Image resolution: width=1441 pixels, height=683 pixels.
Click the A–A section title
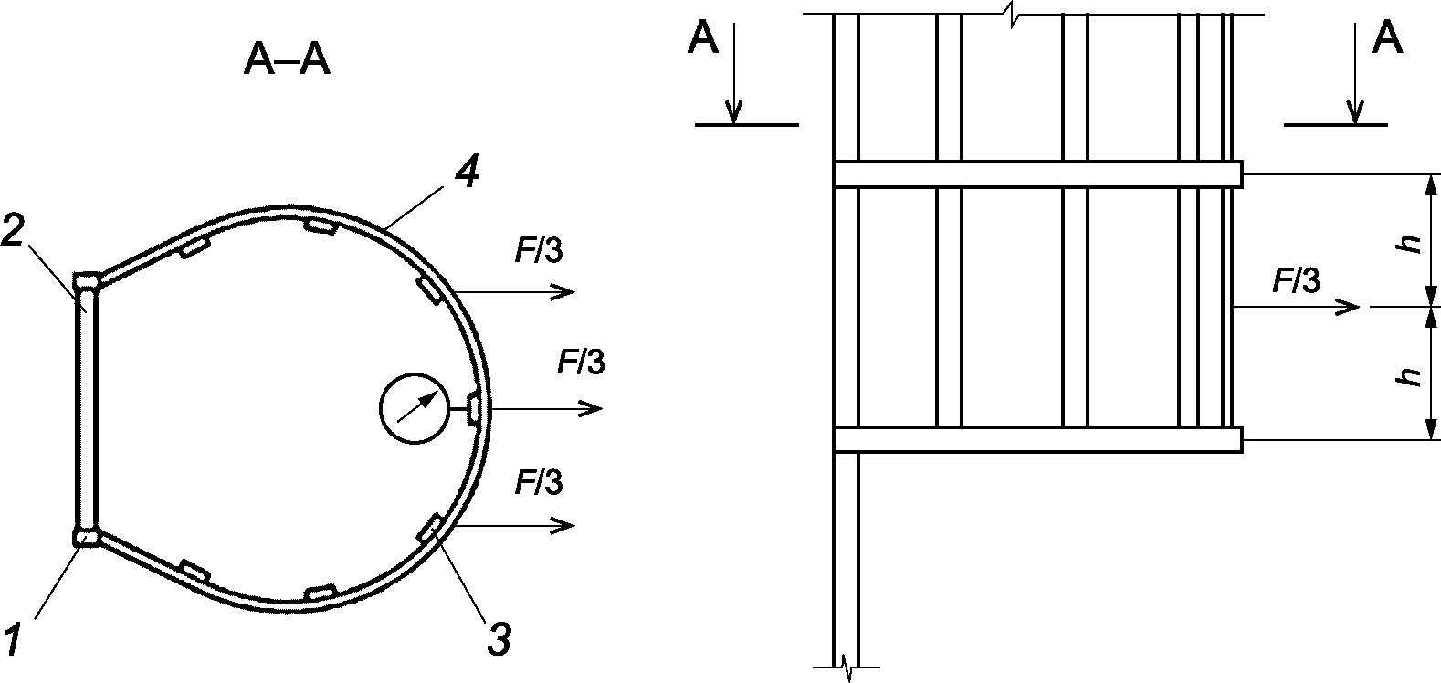(287, 62)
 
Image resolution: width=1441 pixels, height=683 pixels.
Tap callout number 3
(499, 638)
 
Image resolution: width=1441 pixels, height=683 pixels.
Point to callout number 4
(467, 173)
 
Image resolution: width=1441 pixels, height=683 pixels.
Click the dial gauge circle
(415, 408)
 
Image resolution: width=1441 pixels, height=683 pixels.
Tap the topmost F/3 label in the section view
(539, 250)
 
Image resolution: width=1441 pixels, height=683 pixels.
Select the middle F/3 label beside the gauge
(581, 362)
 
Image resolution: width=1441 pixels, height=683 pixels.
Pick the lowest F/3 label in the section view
(539, 482)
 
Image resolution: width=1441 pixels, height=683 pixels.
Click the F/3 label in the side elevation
(1296, 281)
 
